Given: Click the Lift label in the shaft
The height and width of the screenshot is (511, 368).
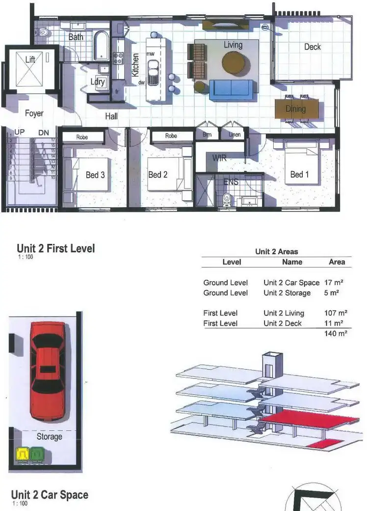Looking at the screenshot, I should (30, 60).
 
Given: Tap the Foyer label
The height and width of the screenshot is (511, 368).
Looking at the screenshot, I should (34, 113).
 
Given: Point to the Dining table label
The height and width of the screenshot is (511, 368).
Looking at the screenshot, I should (296, 109).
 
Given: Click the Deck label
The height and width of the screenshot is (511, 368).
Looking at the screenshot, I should (312, 47).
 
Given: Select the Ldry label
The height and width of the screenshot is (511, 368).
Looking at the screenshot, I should (98, 82).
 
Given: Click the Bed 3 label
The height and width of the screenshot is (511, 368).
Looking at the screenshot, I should (95, 174).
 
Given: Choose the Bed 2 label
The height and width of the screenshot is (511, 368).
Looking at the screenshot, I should (158, 174).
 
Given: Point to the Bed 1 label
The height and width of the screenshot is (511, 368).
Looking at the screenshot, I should (300, 174).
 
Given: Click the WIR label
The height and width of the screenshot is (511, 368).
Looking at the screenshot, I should (219, 158).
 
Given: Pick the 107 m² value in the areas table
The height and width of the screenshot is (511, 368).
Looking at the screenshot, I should (336, 313).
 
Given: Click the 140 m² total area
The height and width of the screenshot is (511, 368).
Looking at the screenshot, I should (336, 333).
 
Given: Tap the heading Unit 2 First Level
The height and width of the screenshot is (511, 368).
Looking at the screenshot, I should (55, 248).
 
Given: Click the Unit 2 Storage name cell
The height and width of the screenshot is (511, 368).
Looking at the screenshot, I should (287, 293).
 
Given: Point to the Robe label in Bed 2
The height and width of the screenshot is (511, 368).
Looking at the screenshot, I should (171, 136).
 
